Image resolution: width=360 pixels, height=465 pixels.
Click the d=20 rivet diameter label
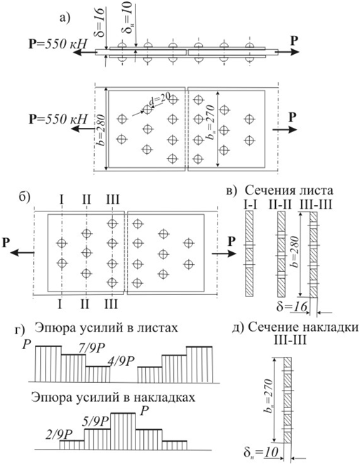click(x=159, y=100)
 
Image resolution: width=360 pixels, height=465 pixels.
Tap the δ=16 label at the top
click(x=100, y=22)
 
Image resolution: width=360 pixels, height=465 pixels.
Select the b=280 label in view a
click(x=100, y=129)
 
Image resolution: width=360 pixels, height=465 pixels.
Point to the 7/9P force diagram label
click(x=93, y=348)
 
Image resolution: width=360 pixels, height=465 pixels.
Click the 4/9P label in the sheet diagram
click(x=121, y=360)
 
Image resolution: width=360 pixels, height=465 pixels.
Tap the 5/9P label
click(x=95, y=421)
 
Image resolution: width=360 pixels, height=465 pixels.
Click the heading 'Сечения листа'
click(x=289, y=190)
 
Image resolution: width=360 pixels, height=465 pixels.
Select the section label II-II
click(x=281, y=204)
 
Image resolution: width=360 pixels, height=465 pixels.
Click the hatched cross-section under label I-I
click(x=249, y=254)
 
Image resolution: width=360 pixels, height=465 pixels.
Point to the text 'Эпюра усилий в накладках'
click(x=113, y=397)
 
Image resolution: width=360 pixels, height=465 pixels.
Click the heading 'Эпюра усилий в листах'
click(x=106, y=328)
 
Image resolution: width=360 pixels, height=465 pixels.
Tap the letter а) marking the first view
click(x=65, y=18)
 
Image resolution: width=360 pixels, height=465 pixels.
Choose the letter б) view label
click(x=25, y=197)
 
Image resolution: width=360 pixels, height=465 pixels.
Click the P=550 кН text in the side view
click(x=58, y=44)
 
